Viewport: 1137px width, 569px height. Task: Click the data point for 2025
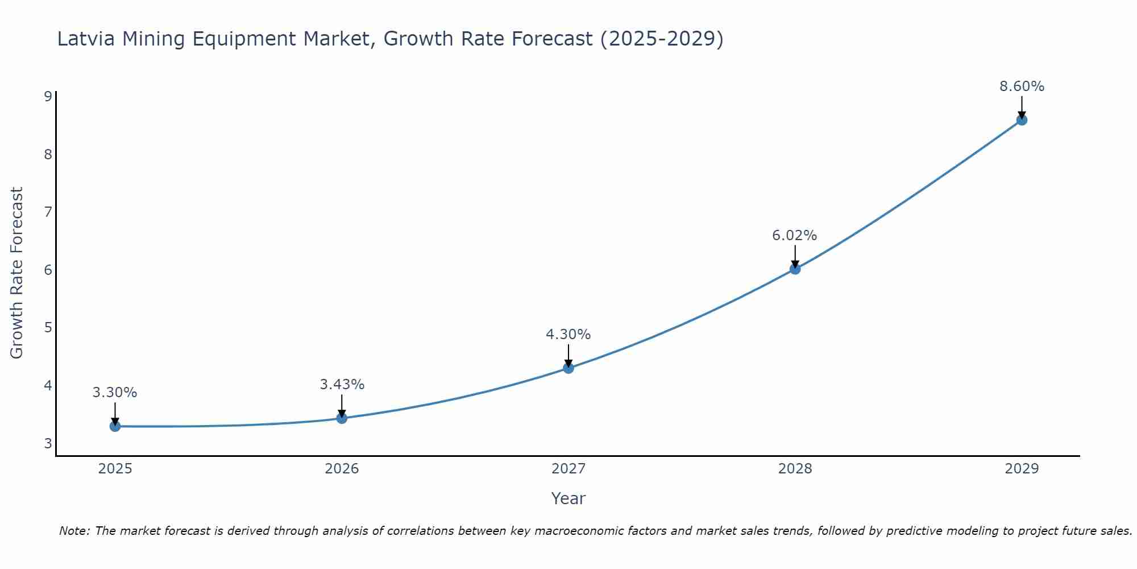pyautogui.click(x=115, y=426)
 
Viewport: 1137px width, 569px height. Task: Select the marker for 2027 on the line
pyautogui.click(x=568, y=368)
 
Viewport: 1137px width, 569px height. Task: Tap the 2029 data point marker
pyautogui.click(x=1022, y=120)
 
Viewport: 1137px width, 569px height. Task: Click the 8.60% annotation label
pyautogui.click(x=1022, y=86)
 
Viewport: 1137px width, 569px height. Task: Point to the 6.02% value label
pyautogui.click(x=794, y=236)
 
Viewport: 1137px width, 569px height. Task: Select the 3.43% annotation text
pyautogui.click(x=342, y=385)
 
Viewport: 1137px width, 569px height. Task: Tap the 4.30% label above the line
pyautogui.click(x=568, y=335)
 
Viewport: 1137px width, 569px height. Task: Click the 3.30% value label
pyautogui.click(x=115, y=393)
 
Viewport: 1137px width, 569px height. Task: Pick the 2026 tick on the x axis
pyautogui.click(x=342, y=469)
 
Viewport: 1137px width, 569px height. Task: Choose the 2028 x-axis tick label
pyautogui.click(x=795, y=469)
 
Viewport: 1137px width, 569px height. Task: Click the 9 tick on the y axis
pyautogui.click(x=48, y=96)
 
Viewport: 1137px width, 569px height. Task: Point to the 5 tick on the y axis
pyautogui.click(x=48, y=328)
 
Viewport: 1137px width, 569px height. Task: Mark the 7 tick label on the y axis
pyautogui.click(x=48, y=212)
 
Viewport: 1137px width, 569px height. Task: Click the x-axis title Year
pyautogui.click(x=568, y=498)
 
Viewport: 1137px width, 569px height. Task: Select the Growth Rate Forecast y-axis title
pyautogui.click(x=17, y=273)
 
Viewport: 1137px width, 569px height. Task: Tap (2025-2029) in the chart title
pyautogui.click(x=662, y=39)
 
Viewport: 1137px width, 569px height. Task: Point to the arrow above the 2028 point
pyautogui.click(x=795, y=255)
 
